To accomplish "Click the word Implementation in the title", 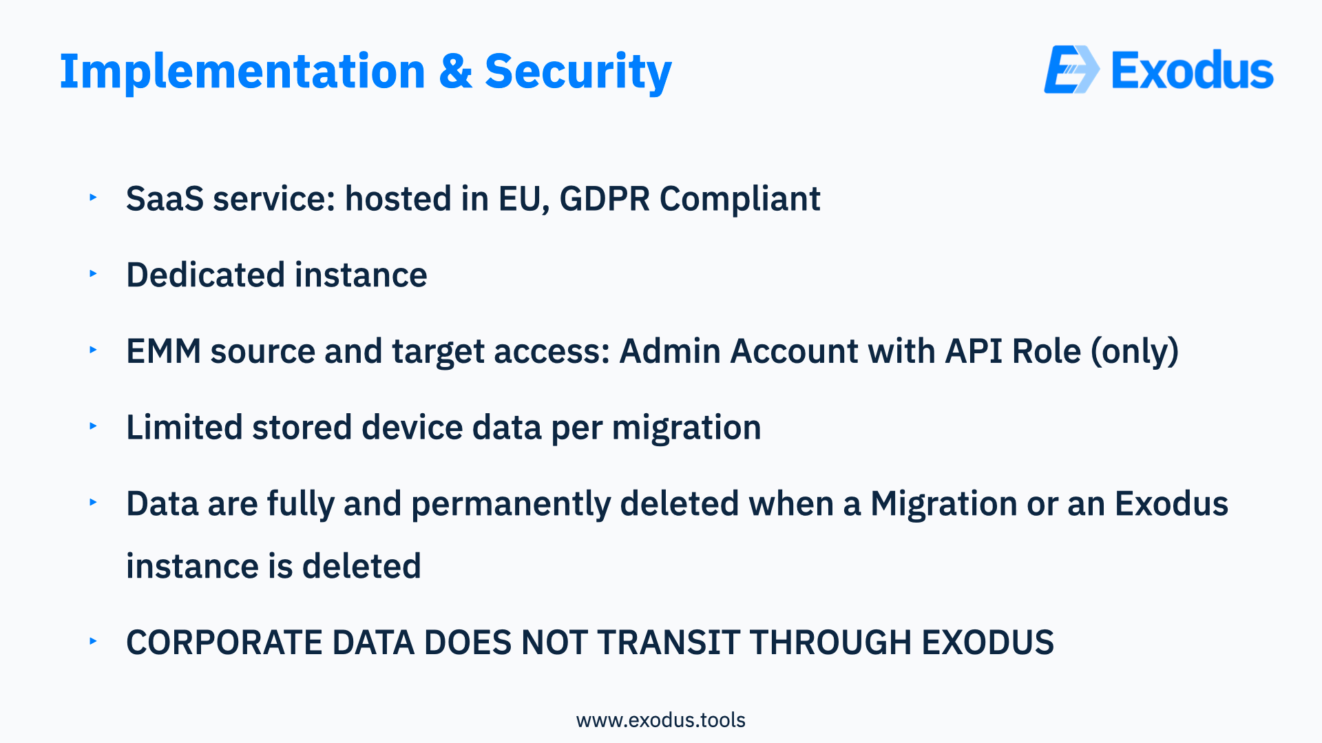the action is point(243,71).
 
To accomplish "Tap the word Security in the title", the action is point(578,72).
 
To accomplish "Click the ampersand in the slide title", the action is point(456,71).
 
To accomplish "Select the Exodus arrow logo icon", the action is point(1072,70).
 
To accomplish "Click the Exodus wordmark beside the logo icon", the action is point(1193,70).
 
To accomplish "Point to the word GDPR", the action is point(605,198).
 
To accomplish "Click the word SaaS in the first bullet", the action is point(165,198).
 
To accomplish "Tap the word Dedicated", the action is point(205,275).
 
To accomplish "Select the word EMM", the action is point(164,351).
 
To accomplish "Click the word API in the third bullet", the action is point(974,351).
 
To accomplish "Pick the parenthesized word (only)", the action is point(1135,353).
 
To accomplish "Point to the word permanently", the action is point(511,505).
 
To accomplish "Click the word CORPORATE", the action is point(224,642).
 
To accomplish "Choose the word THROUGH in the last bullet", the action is point(831,642).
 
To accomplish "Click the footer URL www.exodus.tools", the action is point(661,720).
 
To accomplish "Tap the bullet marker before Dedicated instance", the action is point(93,273).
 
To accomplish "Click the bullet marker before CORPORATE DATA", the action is point(93,641).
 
